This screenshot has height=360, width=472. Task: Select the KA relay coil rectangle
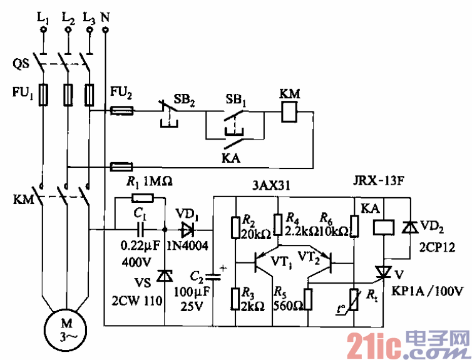coord(383,227)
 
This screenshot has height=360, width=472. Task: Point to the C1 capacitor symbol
coord(140,229)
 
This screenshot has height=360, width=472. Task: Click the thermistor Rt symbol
coord(355,297)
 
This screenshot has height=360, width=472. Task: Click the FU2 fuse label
coord(121,94)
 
